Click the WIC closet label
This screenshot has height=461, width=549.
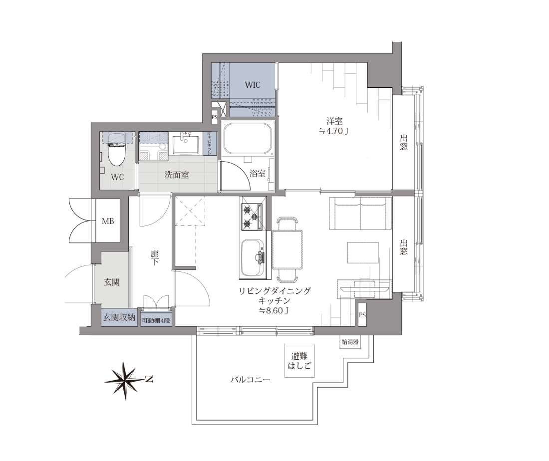click(x=253, y=85)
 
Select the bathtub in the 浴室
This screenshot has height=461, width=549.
click(x=249, y=139)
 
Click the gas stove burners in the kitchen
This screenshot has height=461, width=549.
click(x=252, y=217)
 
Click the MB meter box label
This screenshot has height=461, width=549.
click(x=107, y=221)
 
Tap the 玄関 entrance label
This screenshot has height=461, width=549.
click(x=112, y=282)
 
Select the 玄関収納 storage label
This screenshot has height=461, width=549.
click(x=119, y=318)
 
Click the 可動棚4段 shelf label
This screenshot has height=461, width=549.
click(x=156, y=320)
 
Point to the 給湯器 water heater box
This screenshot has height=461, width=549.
click(x=350, y=342)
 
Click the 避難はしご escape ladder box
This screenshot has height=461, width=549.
click(x=299, y=361)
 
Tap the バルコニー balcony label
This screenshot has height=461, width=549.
click(x=251, y=380)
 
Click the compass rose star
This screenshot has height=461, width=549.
click(x=125, y=381)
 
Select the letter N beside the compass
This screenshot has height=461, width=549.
click(x=149, y=379)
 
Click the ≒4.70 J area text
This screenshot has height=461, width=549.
click(x=334, y=131)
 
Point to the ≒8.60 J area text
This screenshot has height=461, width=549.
click(x=274, y=310)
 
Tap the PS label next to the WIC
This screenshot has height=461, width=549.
click(x=214, y=117)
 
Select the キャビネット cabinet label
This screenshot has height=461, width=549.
click(x=210, y=143)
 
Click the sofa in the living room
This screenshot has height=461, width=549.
click(x=360, y=214)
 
